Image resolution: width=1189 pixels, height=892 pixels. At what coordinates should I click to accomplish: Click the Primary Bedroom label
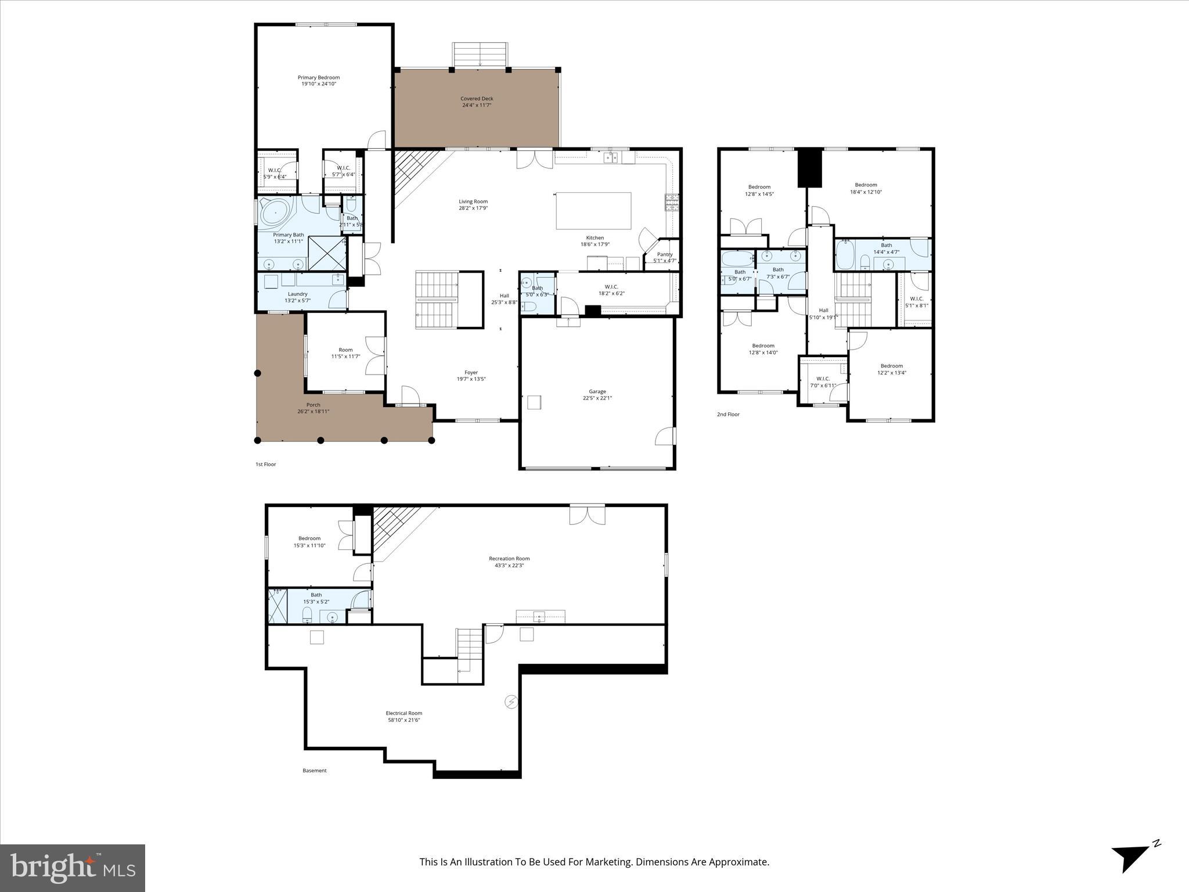click(318, 78)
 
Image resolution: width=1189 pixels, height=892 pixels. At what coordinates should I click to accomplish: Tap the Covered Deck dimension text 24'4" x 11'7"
click(477, 106)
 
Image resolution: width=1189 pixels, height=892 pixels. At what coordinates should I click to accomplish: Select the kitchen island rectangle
click(593, 211)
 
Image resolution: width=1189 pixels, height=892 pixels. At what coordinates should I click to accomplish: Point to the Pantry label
click(665, 254)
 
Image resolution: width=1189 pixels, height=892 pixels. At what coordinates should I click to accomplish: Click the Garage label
click(597, 392)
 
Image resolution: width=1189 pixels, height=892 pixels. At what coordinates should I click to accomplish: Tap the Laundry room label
click(297, 294)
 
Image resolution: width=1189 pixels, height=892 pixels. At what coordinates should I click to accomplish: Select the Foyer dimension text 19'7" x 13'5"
click(471, 379)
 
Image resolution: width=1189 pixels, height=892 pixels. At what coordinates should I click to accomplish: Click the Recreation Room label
click(509, 559)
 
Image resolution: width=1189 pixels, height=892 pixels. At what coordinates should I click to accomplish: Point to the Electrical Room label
click(404, 713)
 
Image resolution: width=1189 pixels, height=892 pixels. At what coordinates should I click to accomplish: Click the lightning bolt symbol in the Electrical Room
click(511, 702)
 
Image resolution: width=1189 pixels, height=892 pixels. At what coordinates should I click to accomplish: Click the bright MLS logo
click(73, 868)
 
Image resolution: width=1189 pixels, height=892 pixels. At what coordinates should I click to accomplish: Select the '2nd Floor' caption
click(728, 415)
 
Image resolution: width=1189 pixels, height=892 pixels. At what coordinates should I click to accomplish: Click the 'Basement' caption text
click(314, 771)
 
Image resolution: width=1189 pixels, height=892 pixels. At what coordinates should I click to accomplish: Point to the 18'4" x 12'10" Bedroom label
click(866, 185)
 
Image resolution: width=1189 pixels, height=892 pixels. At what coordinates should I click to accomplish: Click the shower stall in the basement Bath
click(278, 606)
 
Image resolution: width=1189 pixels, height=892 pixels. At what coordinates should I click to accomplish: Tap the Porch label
click(313, 405)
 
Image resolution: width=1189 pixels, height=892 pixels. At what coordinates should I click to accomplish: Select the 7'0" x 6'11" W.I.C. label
click(823, 379)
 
